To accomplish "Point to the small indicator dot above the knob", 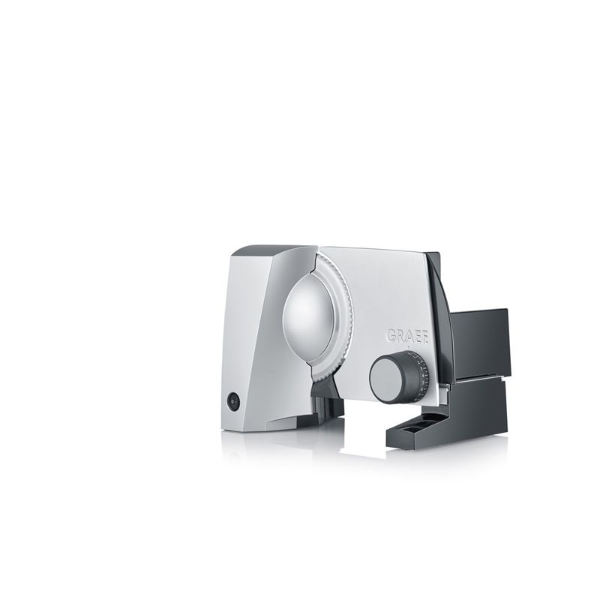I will point(409,348).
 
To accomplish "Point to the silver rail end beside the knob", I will point(444,388).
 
